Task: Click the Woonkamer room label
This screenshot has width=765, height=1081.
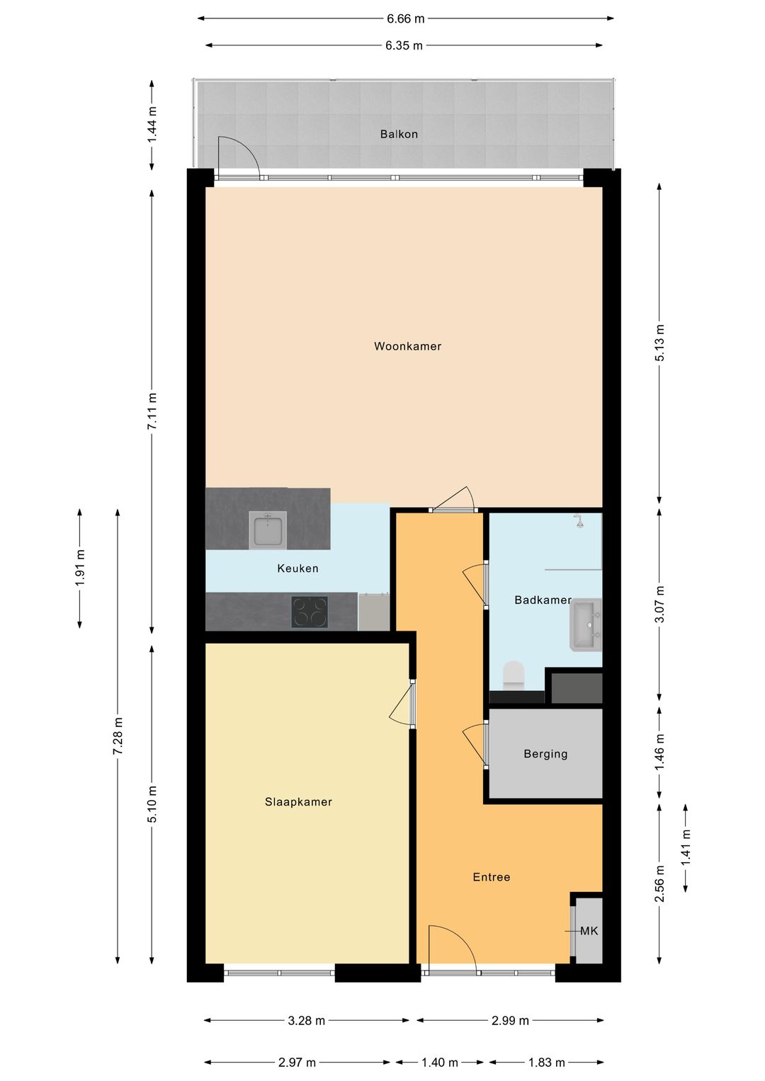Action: pos(407,346)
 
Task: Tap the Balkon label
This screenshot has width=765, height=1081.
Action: pos(399,135)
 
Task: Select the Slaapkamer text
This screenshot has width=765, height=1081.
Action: pos(298,801)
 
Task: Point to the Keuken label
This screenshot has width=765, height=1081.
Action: pos(297,568)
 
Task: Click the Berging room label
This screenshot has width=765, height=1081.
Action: pos(545,754)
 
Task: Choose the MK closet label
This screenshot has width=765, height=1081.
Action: pos(589,930)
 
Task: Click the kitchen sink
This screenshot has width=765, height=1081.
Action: pos(268,530)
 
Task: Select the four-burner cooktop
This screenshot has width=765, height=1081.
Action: pos(310,612)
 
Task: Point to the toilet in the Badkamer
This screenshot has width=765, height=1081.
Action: pos(514,674)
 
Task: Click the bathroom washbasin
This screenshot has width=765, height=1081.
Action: pos(585,624)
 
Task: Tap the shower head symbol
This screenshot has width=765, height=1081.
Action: pos(578,521)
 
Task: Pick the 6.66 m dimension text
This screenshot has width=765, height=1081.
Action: pos(405,19)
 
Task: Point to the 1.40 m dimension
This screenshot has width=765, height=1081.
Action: pos(439,1062)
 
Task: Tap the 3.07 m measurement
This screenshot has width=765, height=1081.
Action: pos(659,604)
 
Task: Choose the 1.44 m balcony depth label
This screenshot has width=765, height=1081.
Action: pos(152,124)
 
